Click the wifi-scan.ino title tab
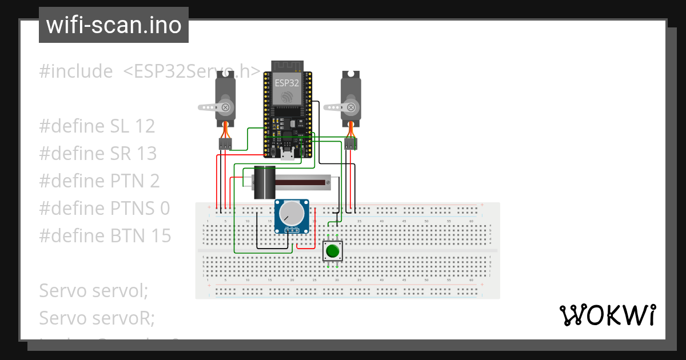pyautogui.click(x=114, y=25)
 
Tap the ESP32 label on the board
pyautogui.click(x=286, y=82)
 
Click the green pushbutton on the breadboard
pyautogui.click(x=333, y=251)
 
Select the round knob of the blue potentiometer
pyautogui.click(x=292, y=214)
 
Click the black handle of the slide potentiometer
pyautogui.click(x=264, y=182)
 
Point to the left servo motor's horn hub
pyautogui.click(x=226, y=107)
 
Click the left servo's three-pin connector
pyautogui.click(x=225, y=145)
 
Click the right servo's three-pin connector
pyautogui.click(x=351, y=145)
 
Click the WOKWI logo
pyautogui.click(x=607, y=315)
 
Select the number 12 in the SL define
pyautogui.click(x=143, y=126)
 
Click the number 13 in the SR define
pyautogui.click(x=146, y=154)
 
